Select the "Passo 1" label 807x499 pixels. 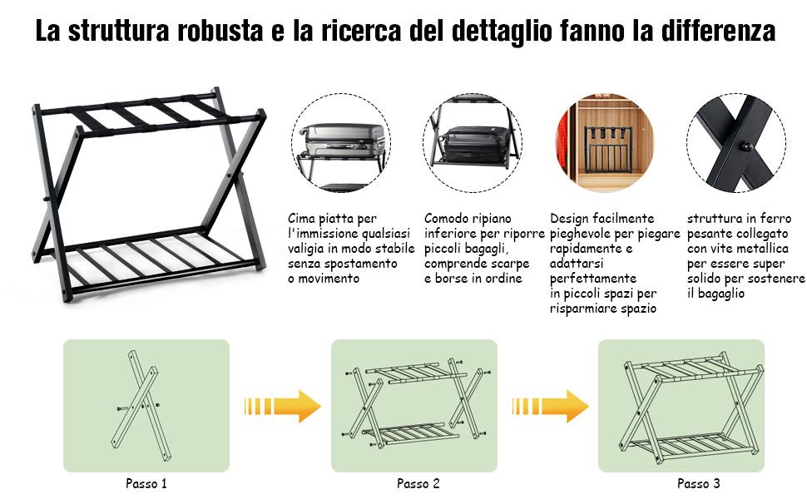(146, 483)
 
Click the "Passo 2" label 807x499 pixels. (418, 483)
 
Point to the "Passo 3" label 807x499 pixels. (698, 483)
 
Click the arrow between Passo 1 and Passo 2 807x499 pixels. (282, 406)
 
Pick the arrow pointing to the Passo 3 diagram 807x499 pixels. (550, 406)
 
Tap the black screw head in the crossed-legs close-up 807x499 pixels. (745, 146)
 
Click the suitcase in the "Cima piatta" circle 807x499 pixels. (342, 140)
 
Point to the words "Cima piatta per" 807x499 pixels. (332, 219)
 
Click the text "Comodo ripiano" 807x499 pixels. (468, 219)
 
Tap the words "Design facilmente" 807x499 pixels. (602, 219)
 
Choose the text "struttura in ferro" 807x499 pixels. (739, 219)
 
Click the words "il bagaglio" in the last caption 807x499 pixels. (716, 294)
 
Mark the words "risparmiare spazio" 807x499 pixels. (602, 309)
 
